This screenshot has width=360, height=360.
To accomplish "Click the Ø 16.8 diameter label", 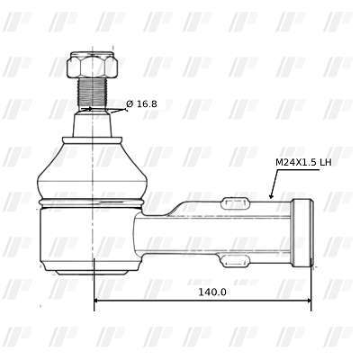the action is click(x=141, y=104).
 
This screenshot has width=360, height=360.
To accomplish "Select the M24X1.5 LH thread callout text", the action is click(x=303, y=162).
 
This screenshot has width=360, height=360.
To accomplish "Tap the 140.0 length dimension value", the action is click(x=212, y=292).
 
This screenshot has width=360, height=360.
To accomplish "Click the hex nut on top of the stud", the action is click(x=92, y=65).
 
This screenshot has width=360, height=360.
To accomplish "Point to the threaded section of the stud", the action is click(x=93, y=92).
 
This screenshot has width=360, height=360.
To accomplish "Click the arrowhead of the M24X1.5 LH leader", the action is click(x=271, y=195).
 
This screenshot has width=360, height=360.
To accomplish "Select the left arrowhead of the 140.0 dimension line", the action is click(x=97, y=300).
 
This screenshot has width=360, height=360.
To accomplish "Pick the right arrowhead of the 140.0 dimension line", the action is click(x=308, y=300).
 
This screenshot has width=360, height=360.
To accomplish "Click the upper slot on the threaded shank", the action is click(x=235, y=203).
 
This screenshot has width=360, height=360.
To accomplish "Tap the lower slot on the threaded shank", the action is click(x=235, y=260).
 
